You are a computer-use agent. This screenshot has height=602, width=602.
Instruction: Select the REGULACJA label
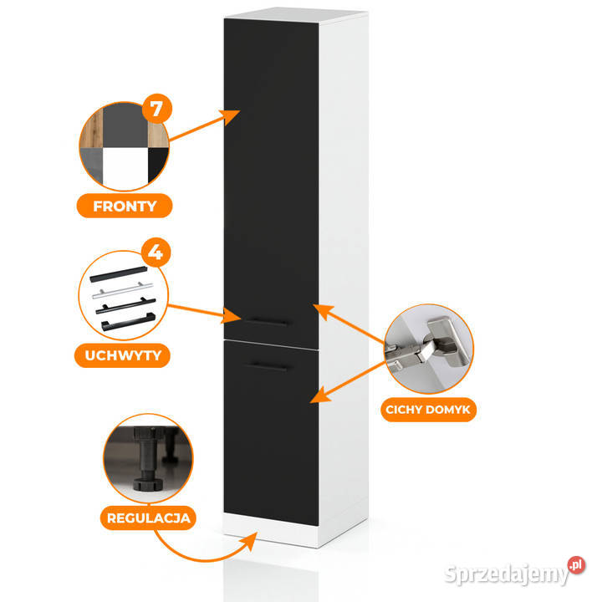pyautogui.click(x=148, y=518)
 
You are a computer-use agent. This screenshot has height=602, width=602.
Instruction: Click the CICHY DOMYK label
pyautogui.click(x=429, y=411)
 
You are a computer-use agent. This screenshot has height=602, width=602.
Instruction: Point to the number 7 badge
pyautogui.click(x=153, y=110)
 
